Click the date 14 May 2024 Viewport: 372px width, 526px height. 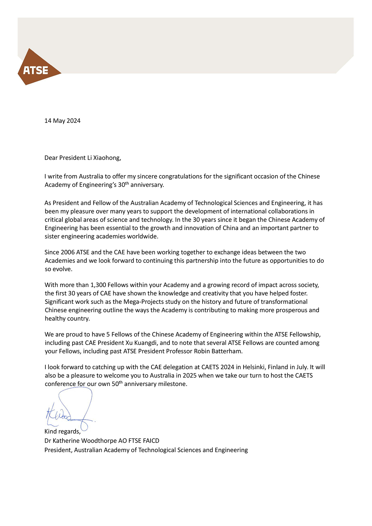(62, 121)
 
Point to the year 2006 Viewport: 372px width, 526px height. (68, 252)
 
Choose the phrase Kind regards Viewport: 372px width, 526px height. (62, 432)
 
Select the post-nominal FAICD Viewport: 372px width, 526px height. (151, 441)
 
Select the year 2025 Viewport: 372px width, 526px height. (189, 376)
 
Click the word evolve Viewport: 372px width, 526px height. (62, 269)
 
